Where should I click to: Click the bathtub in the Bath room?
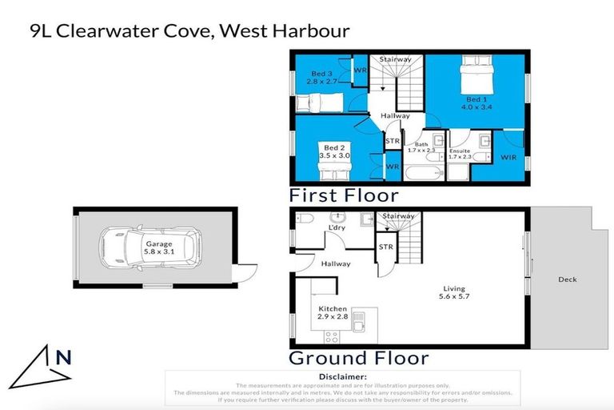(x=419, y=175)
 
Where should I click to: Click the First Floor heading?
(x=344, y=195)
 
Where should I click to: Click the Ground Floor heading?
(x=358, y=358)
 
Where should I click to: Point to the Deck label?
(x=567, y=279)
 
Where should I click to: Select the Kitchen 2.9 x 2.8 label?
(x=333, y=313)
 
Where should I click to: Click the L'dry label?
(x=337, y=229)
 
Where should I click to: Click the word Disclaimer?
(x=342, y=376)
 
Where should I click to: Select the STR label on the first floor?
(x=393, y=142)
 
